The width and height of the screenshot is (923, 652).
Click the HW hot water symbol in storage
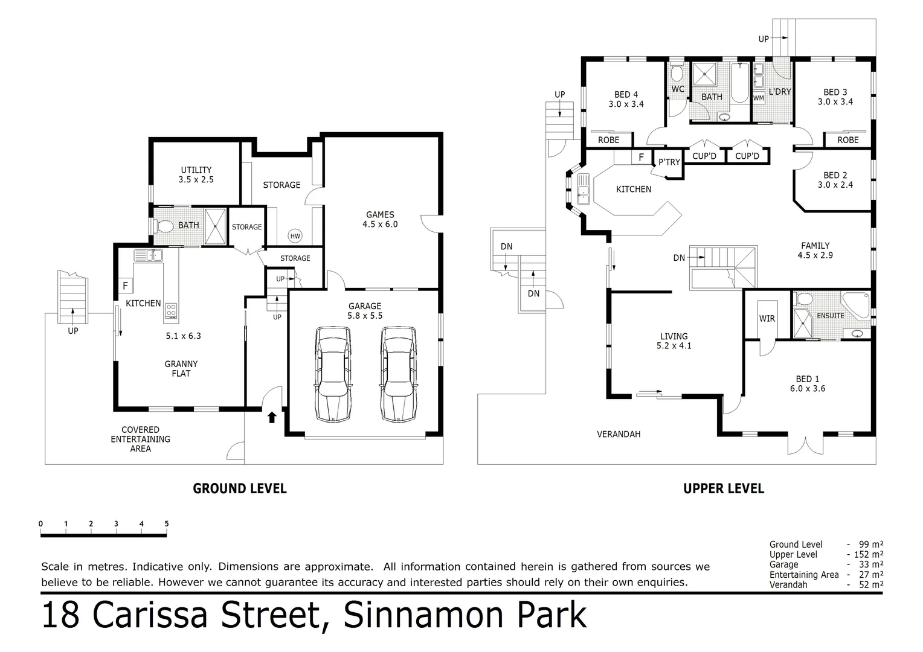coord(295,236)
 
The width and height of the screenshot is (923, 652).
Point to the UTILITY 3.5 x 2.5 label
coord(196,174)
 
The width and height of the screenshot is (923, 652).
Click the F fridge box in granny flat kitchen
coord(126,286)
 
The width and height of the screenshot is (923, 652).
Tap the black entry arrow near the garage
coord(272,417)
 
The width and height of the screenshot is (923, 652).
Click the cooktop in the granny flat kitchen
coord(171,310)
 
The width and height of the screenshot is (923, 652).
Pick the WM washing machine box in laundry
coord(759,98)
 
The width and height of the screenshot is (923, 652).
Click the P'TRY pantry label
coord(669,162)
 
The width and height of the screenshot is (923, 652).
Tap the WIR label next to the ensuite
coord(767,319)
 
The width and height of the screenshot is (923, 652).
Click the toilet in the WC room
coord(677,74)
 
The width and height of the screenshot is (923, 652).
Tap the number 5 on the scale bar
coord(166,523)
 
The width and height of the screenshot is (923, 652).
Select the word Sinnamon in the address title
coord(412,615)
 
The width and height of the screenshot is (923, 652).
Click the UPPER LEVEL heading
coord(724,488)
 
